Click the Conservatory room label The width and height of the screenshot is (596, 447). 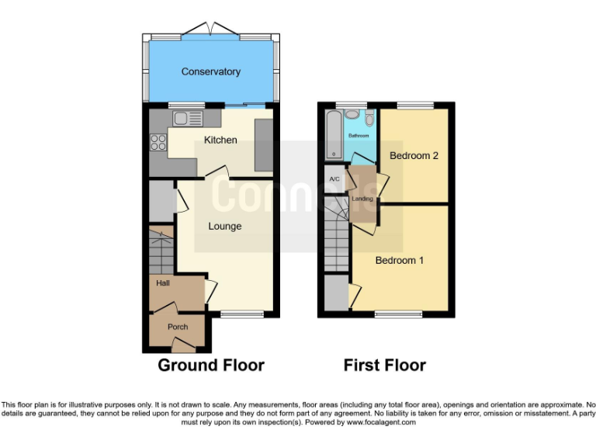(210, 71)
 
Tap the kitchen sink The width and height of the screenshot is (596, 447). (187, 119)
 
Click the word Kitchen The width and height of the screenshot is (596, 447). (220, 140)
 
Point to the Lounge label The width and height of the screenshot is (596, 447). (224, 226)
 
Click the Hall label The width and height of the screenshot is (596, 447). (163, 284)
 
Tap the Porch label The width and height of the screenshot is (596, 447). (178, 327)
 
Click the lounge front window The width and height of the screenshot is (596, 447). (240, 314)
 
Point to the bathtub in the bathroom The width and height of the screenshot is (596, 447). (334, 134)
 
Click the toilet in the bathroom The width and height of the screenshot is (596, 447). (369, 118)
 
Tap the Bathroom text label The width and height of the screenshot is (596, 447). (358, 136)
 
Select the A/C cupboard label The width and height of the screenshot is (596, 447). (334, 179)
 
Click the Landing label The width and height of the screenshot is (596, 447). (362, 199)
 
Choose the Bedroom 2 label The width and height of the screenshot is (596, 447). (414, 155)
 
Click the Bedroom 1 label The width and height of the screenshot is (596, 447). (399, 260)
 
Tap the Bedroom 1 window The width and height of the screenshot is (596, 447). (398, 314)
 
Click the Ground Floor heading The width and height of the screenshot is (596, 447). (211, 365)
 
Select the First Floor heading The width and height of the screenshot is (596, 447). (385, 365)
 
